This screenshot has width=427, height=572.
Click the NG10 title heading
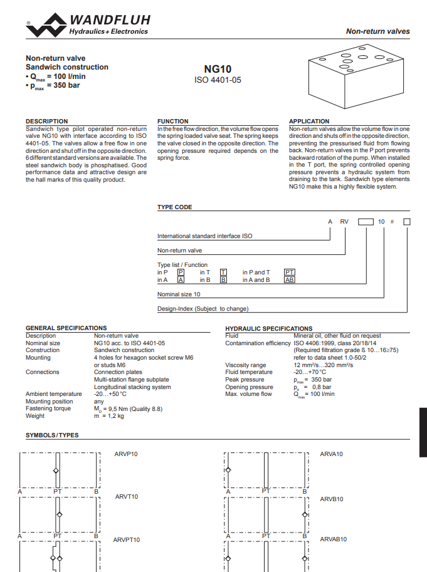(218, 69)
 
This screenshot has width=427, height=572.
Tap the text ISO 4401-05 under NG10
(218, 80)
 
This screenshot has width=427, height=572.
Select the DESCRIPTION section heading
(46, 122)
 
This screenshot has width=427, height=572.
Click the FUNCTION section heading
(172, 122)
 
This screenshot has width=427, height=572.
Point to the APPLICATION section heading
(309, 122)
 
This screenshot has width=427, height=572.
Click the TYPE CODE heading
(174, 207)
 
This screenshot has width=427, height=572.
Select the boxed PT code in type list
(289, 273)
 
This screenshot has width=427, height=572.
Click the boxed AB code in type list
(289, 280)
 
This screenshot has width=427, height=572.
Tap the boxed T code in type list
(223, 273)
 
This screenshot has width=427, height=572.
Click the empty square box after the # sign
(406, 222)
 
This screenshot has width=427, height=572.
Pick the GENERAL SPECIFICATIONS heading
(66, 328)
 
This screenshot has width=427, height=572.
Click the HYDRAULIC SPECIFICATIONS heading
(268, 328)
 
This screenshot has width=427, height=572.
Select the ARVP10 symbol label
(126, 454)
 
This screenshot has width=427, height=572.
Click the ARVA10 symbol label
(332, 453)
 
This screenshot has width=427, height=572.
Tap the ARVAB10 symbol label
(333, 539)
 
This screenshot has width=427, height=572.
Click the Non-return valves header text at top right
(377, 31)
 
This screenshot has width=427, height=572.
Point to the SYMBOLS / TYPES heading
(52, 435)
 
